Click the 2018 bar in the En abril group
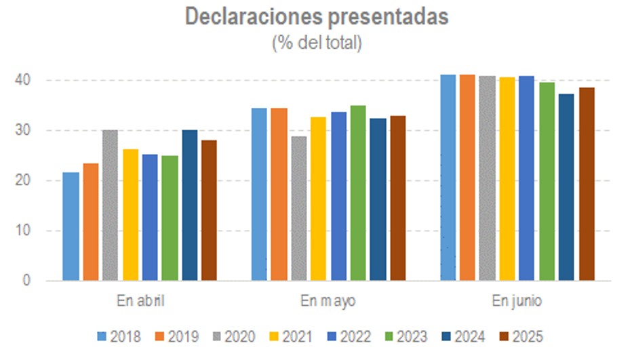(71, 226)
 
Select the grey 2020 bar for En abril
(110, 205)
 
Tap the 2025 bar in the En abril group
(208, 210)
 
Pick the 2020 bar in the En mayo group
(299, 208)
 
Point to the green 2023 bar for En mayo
(358, 193)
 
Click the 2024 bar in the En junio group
(566, 187)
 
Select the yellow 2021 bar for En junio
(507, 179)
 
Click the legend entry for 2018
(119, 336)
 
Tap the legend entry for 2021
(292, 336)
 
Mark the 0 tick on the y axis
(27, 281)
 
